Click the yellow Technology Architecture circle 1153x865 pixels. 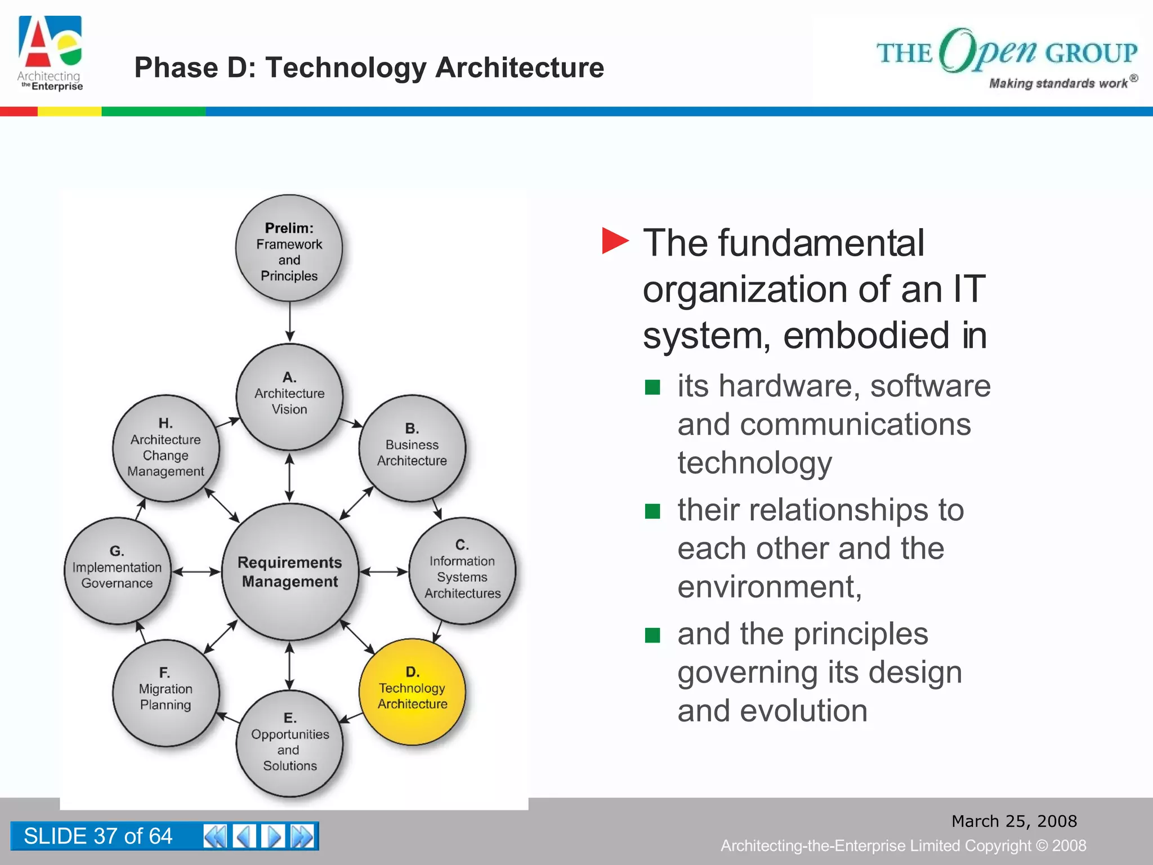point(412,692)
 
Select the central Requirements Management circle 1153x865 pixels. point(290,572)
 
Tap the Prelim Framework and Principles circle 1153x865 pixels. point(289,248)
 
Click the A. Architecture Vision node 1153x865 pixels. point(289,396)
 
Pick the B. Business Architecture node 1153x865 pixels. point(412,448)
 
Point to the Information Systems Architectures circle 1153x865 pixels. point(462,570)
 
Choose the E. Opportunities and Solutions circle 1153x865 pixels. point(289,743)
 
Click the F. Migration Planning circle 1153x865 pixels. point(166,693)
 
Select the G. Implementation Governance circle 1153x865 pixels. point(117,570)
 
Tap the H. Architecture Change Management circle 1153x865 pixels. point(166,448)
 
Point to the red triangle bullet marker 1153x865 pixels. point(614,241)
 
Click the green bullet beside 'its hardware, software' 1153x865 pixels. point(653,387)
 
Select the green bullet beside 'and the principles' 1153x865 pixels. point(653,635)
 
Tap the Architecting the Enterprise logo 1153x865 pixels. point(51,53)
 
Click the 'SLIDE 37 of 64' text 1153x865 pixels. point(98,836)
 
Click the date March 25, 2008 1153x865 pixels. point(1014,821)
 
